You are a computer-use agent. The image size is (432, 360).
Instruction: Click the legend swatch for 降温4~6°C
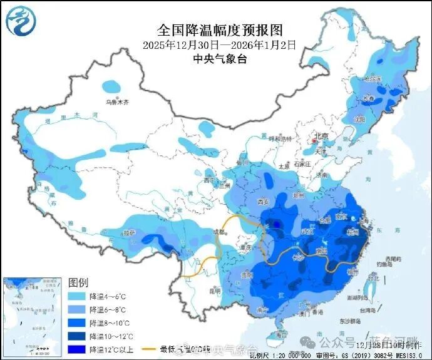77,296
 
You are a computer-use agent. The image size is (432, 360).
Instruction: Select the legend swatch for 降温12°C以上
77,349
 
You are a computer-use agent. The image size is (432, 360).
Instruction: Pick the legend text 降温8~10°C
109,322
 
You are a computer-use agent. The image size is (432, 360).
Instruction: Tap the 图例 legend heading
78,282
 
